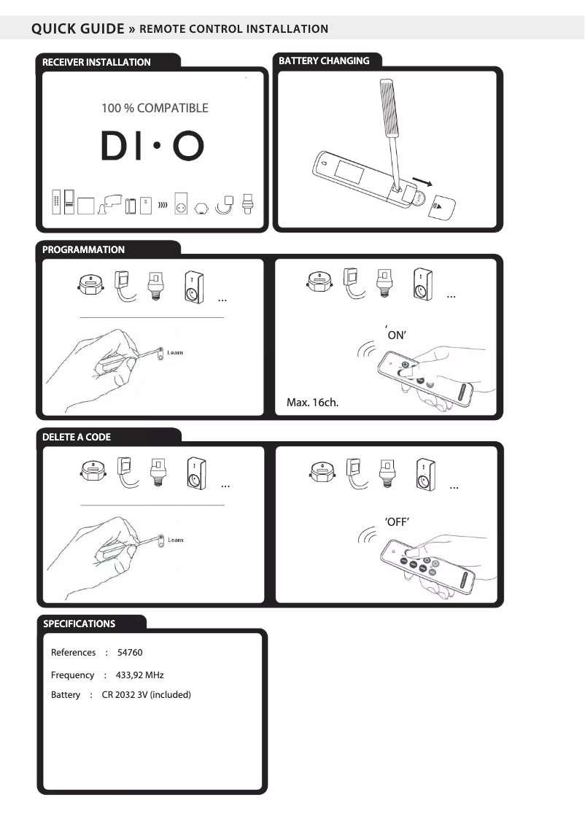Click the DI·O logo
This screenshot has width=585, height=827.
point(152,147)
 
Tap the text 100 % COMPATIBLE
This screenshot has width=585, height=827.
point(155,108)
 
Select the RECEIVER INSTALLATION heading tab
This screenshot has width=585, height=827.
point(96,62)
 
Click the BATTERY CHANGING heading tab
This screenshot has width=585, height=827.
point(324,61)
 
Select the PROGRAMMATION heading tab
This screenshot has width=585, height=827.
point(83,249)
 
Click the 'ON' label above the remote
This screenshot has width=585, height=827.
point(395,335)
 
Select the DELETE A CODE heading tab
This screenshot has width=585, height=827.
point(77,437)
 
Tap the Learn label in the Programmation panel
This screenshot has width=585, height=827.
point(175,352)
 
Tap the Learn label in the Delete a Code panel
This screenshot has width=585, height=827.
point(175,540)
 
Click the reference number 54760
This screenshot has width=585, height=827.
point(130,653)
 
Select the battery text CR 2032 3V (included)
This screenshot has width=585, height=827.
point(146,695)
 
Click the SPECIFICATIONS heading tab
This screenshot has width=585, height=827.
point(79,624)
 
